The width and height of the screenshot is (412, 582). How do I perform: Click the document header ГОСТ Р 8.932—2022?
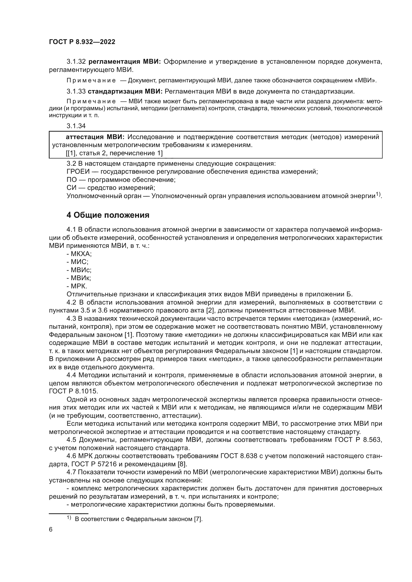(82, 42)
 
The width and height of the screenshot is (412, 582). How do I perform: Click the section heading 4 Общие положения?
(108, 215)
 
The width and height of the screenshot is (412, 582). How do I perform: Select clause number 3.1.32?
(76, 62)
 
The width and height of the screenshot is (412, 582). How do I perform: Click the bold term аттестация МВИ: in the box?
(95, 137)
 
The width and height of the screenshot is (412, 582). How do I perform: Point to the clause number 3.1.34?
(76, 126)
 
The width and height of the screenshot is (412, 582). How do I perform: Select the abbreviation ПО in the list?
(71, 180)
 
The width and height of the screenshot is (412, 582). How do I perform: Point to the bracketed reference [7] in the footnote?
(198, 519)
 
